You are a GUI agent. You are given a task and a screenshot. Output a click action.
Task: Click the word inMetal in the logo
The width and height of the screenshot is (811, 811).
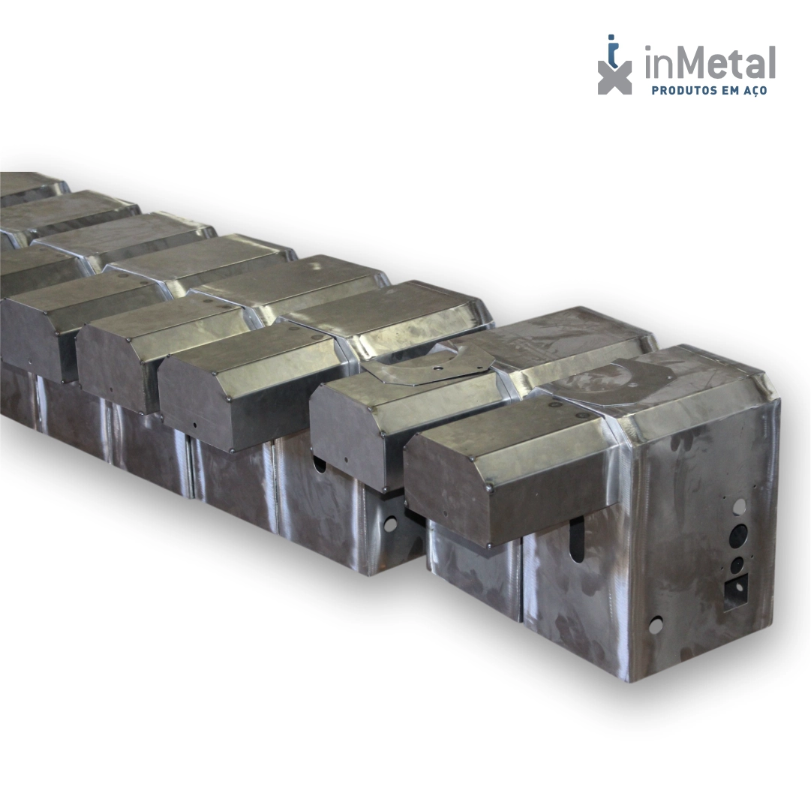tap(710, 62)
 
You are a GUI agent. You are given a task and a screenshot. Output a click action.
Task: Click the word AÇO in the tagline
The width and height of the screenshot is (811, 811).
tap(753, 91)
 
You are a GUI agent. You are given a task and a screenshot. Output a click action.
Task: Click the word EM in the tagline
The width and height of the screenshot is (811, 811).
tap(728, 91)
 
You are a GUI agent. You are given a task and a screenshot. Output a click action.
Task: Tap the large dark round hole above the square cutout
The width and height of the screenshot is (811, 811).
tap(738, 536)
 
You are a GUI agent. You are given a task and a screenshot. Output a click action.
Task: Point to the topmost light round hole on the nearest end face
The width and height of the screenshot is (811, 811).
tap(740, 506)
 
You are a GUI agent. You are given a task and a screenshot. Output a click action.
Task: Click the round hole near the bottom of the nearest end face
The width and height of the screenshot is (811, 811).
tap(655, 626)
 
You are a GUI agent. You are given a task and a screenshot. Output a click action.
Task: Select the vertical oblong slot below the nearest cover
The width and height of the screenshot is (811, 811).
tap(577, 540)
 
